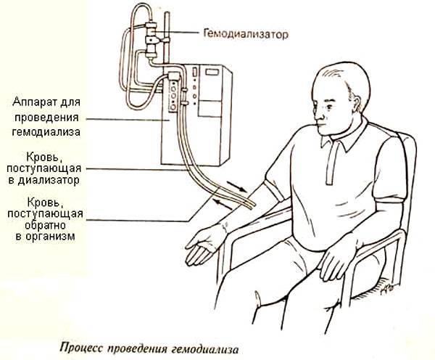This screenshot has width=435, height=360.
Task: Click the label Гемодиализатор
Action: (x=246, y=34)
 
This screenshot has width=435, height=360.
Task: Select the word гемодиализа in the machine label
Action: (x=46, y=131)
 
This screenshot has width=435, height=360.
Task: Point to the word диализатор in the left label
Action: (x=49, y=180)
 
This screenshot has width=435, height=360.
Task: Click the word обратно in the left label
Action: (x=45, y=225)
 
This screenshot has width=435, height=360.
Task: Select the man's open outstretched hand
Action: (x=204, y=245)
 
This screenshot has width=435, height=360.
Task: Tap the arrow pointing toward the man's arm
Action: (x=236, y=187)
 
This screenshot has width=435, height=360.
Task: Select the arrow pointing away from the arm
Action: (x=223, y=204)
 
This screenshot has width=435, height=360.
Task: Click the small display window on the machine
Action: (x=212, y=72)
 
